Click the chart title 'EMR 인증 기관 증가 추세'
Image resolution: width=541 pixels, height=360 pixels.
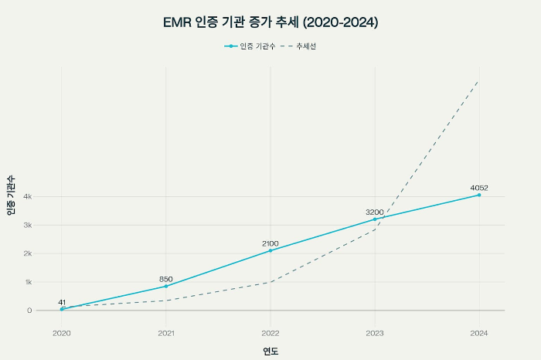point(270,22)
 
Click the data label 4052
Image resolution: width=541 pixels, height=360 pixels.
point(479,188)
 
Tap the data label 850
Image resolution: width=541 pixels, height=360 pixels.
point(166,279)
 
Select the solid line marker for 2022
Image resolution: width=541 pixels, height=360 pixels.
point(270,250)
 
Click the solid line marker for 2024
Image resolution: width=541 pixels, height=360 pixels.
point(479,195)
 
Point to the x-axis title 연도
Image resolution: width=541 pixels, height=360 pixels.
point(270,352)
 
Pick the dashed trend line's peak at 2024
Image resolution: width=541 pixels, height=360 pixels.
point(478,80)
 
